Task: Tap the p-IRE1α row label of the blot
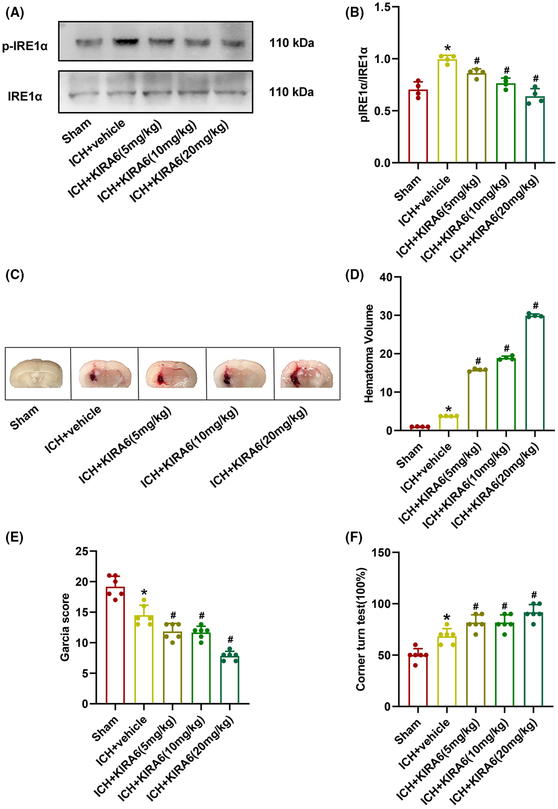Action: pyautogui.click(x=25, y=46)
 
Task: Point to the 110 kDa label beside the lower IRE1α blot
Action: pyautogui.click(x=291, y=92)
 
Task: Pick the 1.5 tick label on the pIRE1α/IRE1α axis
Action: pyautogui.click(x=383, y=7)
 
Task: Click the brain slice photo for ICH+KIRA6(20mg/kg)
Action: pyautogui.click(x=307, y=374)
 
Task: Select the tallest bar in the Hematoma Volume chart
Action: pyautogui.click(x=535, y=373)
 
